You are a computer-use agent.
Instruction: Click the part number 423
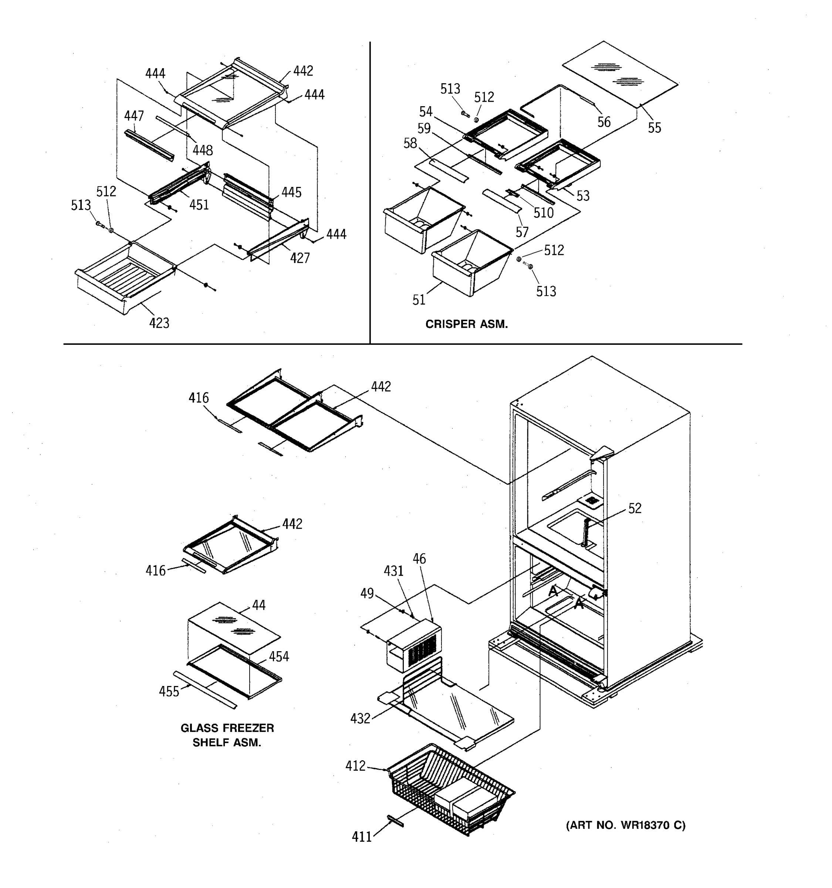(159, 323)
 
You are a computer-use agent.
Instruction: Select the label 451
(199, 205)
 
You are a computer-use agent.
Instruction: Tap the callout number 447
(134, 116)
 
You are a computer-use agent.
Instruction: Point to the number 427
(300, 258)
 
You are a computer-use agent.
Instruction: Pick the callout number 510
(543, 213)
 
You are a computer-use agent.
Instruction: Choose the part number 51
(419, 300)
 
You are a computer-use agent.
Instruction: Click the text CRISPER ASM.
(466, 324)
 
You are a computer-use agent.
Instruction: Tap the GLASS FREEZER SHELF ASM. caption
(227, 735)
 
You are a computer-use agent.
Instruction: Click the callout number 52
(634, 508)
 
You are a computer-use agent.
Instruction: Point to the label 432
(360, 718)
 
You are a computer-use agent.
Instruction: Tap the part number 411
(362, 837)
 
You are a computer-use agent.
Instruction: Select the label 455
(169, 692)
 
